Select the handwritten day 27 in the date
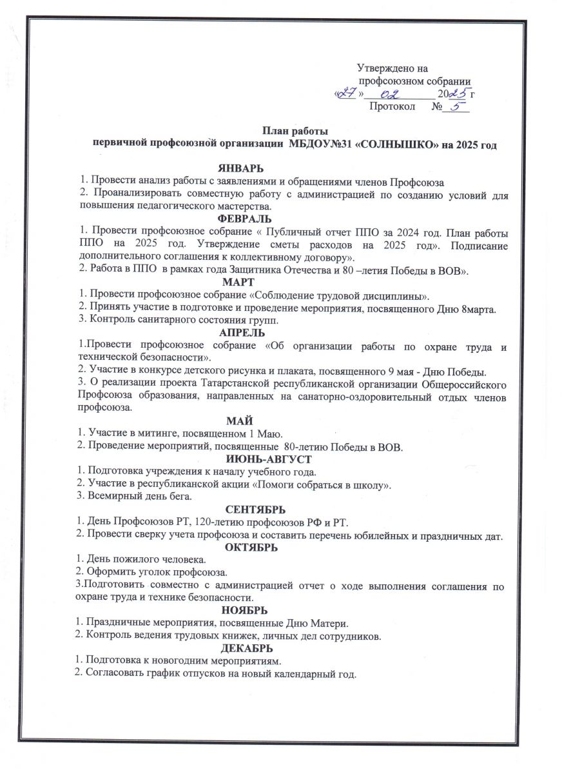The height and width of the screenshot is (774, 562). [347, 94]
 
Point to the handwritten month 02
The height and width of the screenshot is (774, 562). [389, 95]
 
